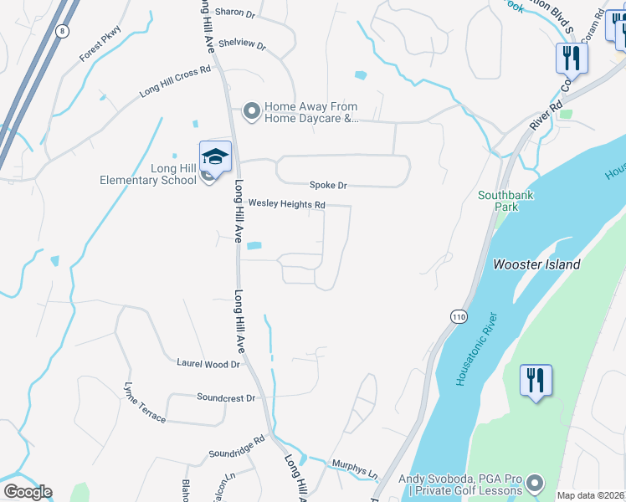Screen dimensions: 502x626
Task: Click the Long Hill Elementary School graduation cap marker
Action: point(215,157)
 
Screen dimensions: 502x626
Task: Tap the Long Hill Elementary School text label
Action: point(162,174)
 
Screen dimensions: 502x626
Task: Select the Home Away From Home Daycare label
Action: point(310,113)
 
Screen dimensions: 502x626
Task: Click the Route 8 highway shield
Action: point(62,31)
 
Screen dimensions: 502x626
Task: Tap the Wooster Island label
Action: point(548,264)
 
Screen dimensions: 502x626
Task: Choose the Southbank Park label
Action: point(505,201)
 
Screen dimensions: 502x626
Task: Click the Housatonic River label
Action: point(476,349)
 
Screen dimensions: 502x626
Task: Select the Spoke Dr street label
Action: point(327,185)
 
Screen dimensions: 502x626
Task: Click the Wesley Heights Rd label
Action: point(286,204)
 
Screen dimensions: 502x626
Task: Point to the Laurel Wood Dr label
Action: point(208,364)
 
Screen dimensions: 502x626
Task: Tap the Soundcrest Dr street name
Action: point(225,397)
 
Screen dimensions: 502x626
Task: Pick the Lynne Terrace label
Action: point(145,403)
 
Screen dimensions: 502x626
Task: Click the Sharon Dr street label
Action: point(234,13)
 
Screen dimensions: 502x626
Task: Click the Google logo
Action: point(28,492)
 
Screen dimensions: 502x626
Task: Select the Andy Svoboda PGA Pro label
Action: point(459,484)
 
